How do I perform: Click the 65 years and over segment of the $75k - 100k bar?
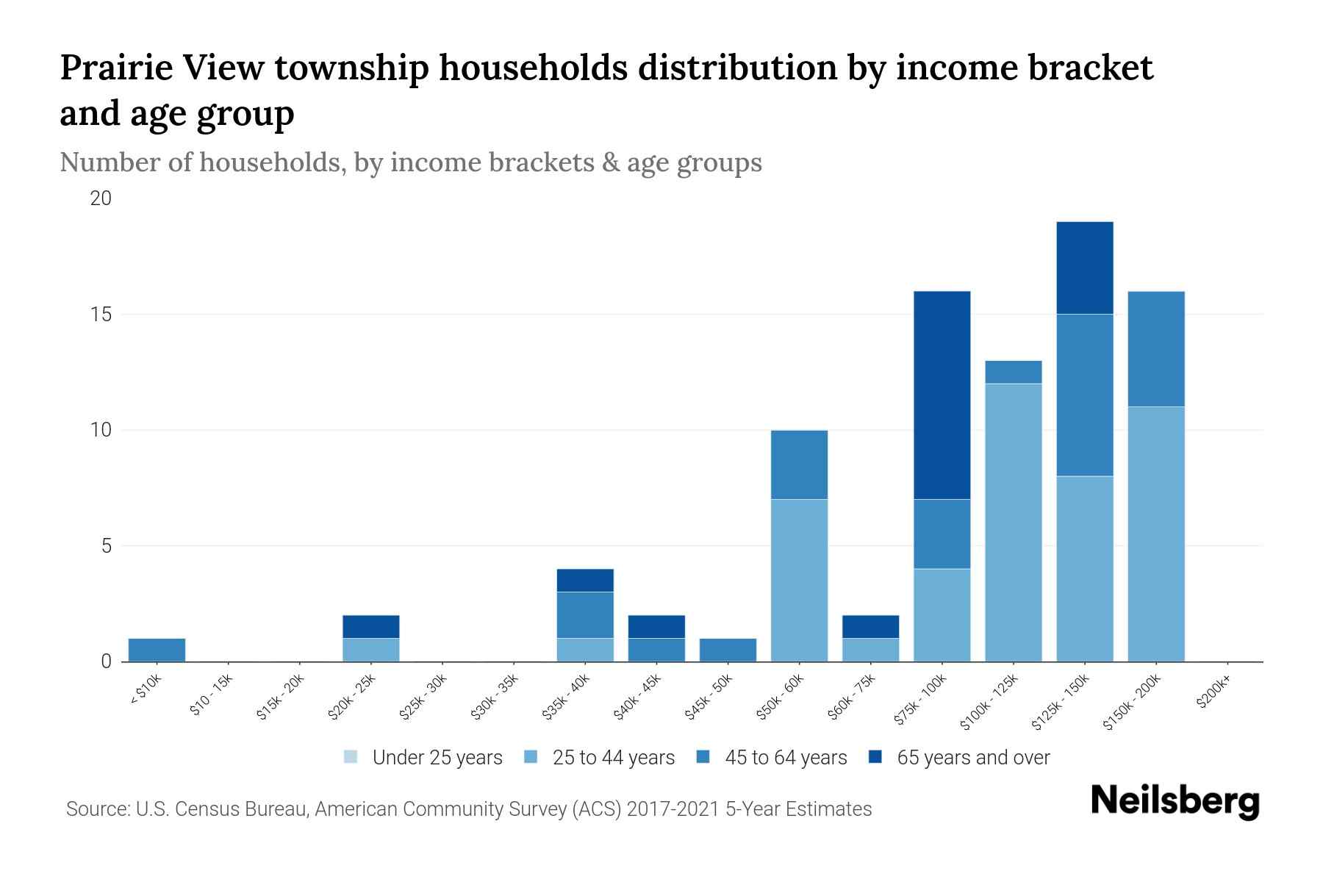coord(942,395)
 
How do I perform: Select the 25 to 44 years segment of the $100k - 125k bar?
coord(1013,522)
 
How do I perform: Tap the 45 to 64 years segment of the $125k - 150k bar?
coord(1084,395)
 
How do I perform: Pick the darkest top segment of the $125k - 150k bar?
coord(1084,268)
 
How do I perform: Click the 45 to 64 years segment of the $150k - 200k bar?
coord(1155,349)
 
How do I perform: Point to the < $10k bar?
coord(157,650)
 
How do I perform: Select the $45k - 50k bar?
coord(728,650)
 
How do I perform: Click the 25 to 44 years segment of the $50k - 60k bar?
coord(799,581)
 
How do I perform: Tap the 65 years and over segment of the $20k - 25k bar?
coord(370,626)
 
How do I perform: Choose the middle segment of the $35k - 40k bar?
coord(585,614)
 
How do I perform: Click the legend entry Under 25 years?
coord(437,758)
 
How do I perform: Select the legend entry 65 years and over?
coord(972,758)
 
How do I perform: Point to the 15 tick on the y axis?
coord(101,315)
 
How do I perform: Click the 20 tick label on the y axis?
coord(101,199)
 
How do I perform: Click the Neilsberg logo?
coord(1175,802)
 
